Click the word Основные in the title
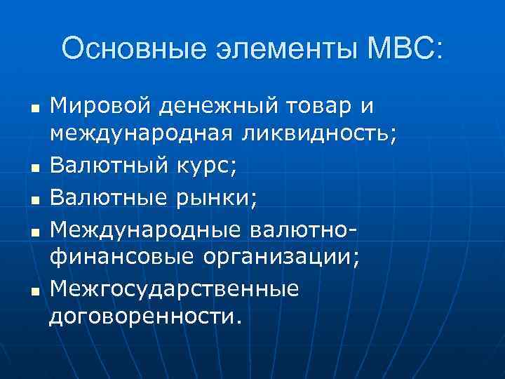128,50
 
